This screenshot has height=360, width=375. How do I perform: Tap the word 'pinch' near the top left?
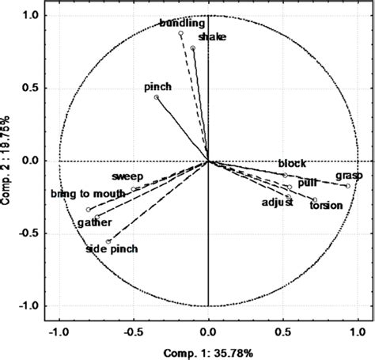coord(158,86)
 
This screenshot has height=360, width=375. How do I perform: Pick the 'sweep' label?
coord(127,176)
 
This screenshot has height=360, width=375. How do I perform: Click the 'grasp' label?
coord(349,175)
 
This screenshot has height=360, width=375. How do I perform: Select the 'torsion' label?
coord(326,206)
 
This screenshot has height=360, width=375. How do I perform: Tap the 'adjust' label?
coord(278,203)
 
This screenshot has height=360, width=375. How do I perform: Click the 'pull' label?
coord(307,183)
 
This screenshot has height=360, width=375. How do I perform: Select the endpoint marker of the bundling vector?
coord(180,34)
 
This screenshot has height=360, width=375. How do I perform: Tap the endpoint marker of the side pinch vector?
coord(108,241)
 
